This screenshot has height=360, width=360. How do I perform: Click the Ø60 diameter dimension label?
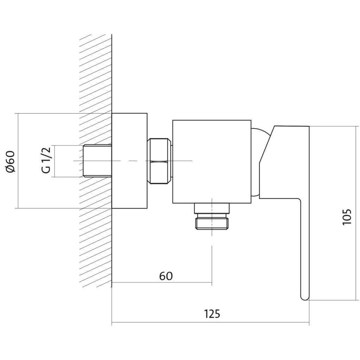tap(11, 161)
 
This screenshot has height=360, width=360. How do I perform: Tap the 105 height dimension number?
tap(347, 217)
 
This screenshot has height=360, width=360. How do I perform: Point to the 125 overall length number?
tap(212, 314)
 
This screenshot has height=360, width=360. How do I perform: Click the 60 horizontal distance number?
tap(166, 276)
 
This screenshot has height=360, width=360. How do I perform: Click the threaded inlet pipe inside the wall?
tap(97, 161)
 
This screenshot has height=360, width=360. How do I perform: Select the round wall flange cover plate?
tap(129, 161)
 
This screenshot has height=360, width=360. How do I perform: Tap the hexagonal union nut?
tap(159, 161)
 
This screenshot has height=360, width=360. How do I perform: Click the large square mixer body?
tap(212, 162)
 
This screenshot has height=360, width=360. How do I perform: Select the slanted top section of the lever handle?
tap(266, 144)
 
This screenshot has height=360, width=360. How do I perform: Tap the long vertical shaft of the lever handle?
tap(305, 248)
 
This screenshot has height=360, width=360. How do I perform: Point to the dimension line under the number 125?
tap(210, 322)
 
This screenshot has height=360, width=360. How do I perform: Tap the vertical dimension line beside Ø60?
tap(18, 161)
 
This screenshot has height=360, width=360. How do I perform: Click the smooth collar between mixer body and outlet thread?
tap(212, 208)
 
